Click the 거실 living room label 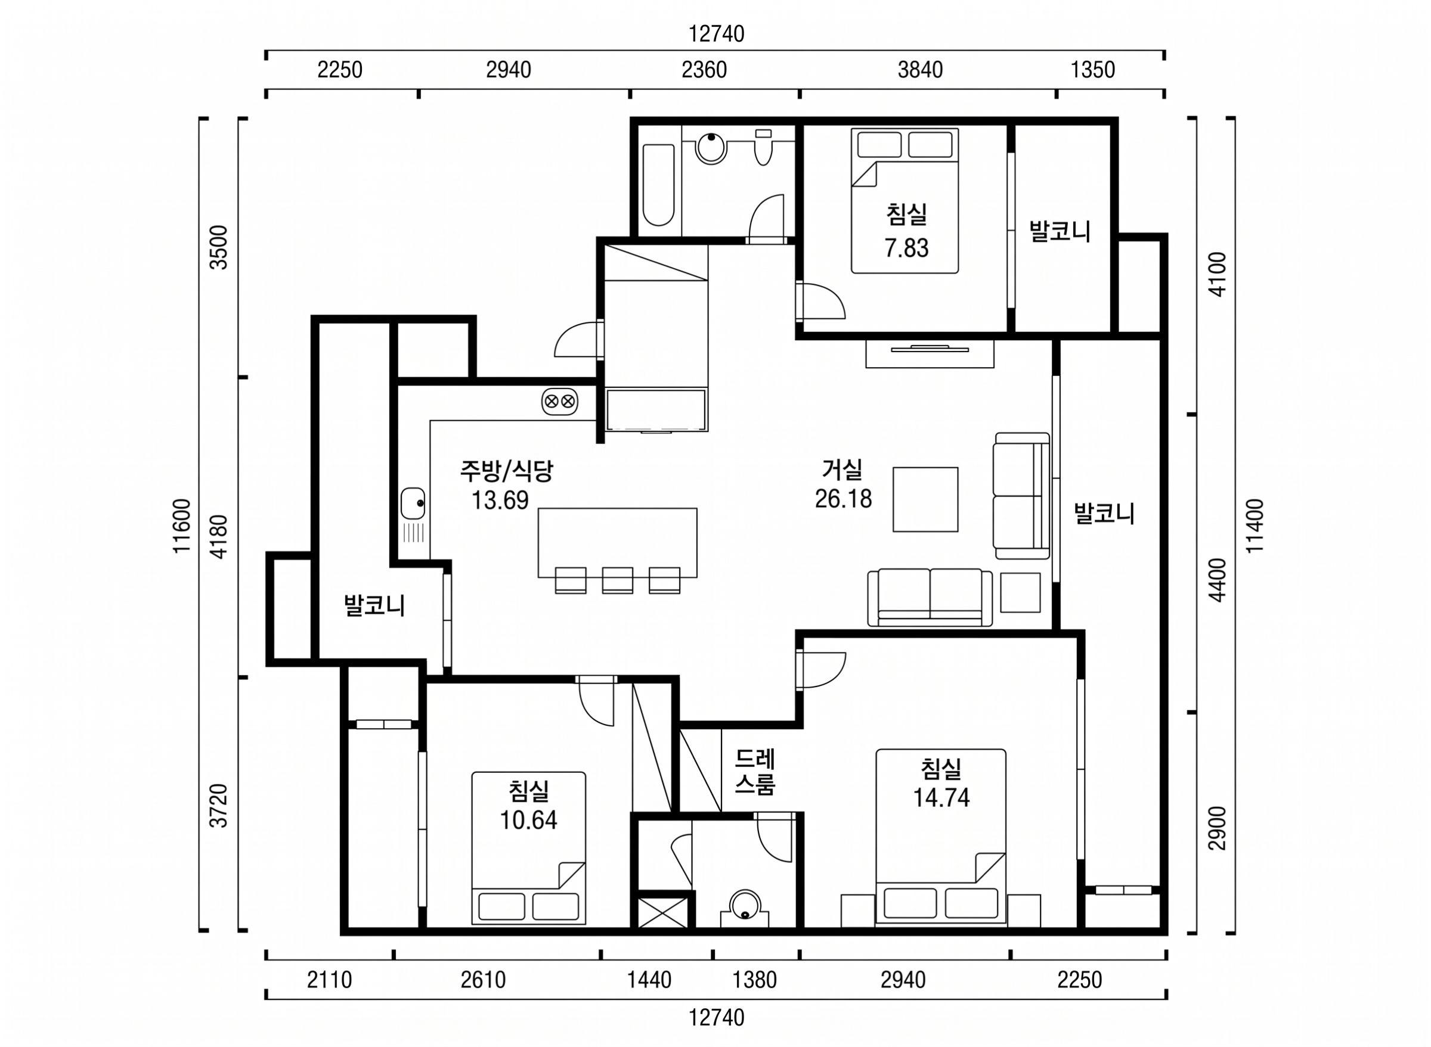click(842, 470)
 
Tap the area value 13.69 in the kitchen click(500, 500)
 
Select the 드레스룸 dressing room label click(755, 772)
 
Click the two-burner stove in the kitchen click(560, 401)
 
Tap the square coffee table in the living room click(925, 499)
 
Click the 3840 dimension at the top click(920, 70)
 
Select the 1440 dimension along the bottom click(649, 980)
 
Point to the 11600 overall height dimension click(182, 526)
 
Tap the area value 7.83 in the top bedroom click(907, 248)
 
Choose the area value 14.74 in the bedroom click(941, 797)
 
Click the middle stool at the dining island click(618, 580)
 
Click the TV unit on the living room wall click(930, 353)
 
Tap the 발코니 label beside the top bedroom click(1060, 231)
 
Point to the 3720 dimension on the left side click(219, 806)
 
